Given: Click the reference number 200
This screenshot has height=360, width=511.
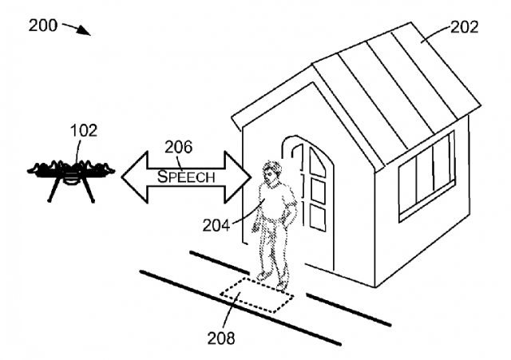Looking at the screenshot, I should tap(42, 25).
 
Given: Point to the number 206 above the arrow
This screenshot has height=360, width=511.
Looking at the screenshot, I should tap(179, 147).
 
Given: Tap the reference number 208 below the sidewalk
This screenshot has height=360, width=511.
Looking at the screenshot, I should tap(220, 338).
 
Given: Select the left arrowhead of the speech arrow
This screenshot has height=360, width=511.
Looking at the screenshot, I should tap(134, 176).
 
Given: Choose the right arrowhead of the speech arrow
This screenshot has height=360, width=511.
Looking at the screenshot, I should tap(238, 176).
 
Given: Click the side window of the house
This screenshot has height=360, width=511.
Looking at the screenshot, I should tap(427, 175).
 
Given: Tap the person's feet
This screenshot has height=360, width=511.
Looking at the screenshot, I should tap(271, 280).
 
